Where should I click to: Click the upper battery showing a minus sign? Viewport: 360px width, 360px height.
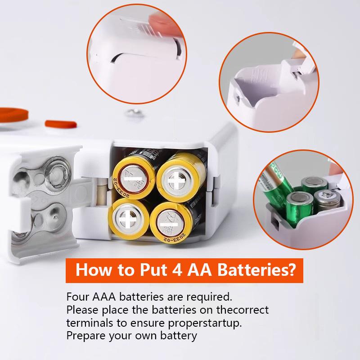tap(133, 180)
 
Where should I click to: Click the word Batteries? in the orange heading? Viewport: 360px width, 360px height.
tap(253, 271)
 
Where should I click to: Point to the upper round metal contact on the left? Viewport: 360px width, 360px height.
tap(58, 173)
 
